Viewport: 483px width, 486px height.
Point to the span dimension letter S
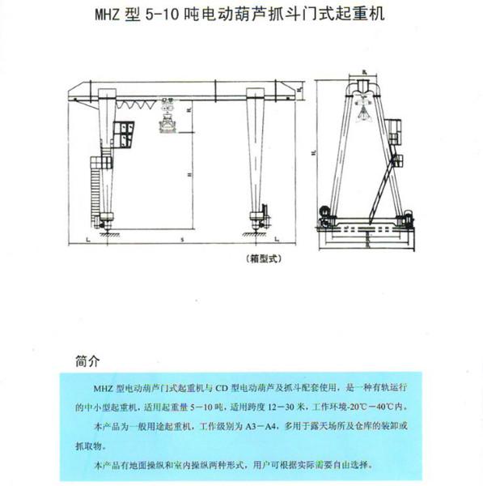pyautogui.click(x=183, y=241)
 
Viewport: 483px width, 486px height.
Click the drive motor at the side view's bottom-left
pyautogui.click(x=326, y=215)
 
